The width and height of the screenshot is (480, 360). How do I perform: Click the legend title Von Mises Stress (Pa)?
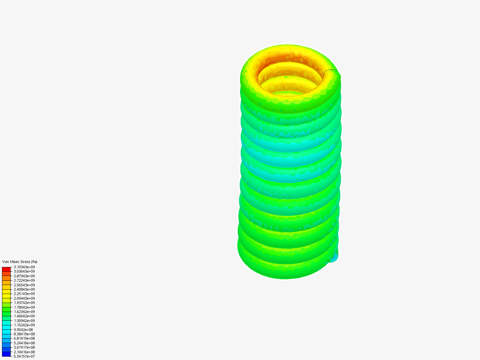[x=20, y=262]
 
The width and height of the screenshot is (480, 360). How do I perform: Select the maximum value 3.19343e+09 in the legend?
[x=24, y=267]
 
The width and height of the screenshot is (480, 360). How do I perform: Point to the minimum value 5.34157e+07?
[x=24, y=356]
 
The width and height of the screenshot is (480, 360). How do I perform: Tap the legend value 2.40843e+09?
[x=24, y=289]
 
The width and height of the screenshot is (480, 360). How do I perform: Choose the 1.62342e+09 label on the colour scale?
[x=24, y=312]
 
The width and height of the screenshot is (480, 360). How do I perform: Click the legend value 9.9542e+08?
[x=23, y=330]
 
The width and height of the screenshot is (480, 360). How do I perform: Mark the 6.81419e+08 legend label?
[x=24, y=338]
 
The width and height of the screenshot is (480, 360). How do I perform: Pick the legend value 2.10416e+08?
[x=24, y=352]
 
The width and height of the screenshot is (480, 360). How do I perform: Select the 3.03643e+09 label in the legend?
[x=24, y=271]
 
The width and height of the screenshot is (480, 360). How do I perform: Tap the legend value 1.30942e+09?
[x=24, y=321]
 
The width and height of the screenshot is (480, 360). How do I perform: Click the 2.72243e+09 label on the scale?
[x=24, y=280]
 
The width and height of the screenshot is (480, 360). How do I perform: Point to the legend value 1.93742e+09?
[x=24, y=303]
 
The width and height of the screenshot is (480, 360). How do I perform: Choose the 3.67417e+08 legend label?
[x=24, y=347]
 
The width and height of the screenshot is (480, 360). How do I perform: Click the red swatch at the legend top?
[x=6, y=269]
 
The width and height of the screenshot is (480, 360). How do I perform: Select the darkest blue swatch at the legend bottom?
[x=6, y=354]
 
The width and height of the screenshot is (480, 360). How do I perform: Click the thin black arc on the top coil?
[x=330, y=70]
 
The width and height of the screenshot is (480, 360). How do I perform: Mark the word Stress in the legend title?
[x=24, y=262]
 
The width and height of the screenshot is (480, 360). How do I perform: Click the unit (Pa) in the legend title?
[x=34, y=262]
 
